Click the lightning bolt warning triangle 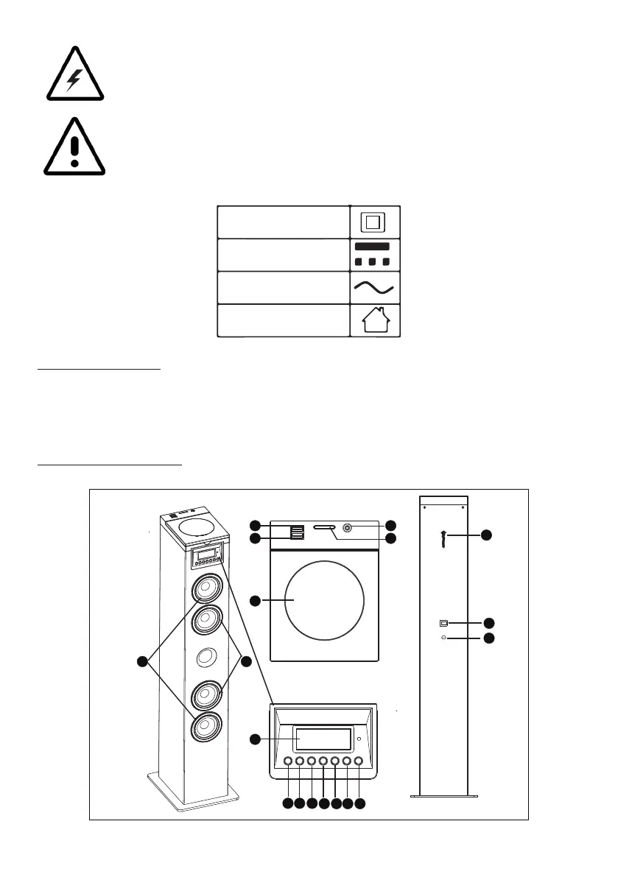click(x=72, y=74)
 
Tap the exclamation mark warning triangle click(x=73, y=147)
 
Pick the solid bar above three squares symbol click(x=373, y=254)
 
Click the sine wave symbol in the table click(x=373, y=287)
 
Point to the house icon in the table click(x=373, y=321)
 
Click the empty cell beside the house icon click(x=282, y=321)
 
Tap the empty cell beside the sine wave click(x=282, y=287)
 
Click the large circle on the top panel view click(x=324, y=602)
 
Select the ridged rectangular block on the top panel click(x=296, y=532)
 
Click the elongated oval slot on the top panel click(x=324, y=528)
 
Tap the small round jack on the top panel click(x=347, y=528)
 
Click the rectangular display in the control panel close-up click(x=323, y=739)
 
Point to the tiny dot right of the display click(x=358, y=739)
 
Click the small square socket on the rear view click(x=443, y=622)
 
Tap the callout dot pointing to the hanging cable click(x=486, y=536)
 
